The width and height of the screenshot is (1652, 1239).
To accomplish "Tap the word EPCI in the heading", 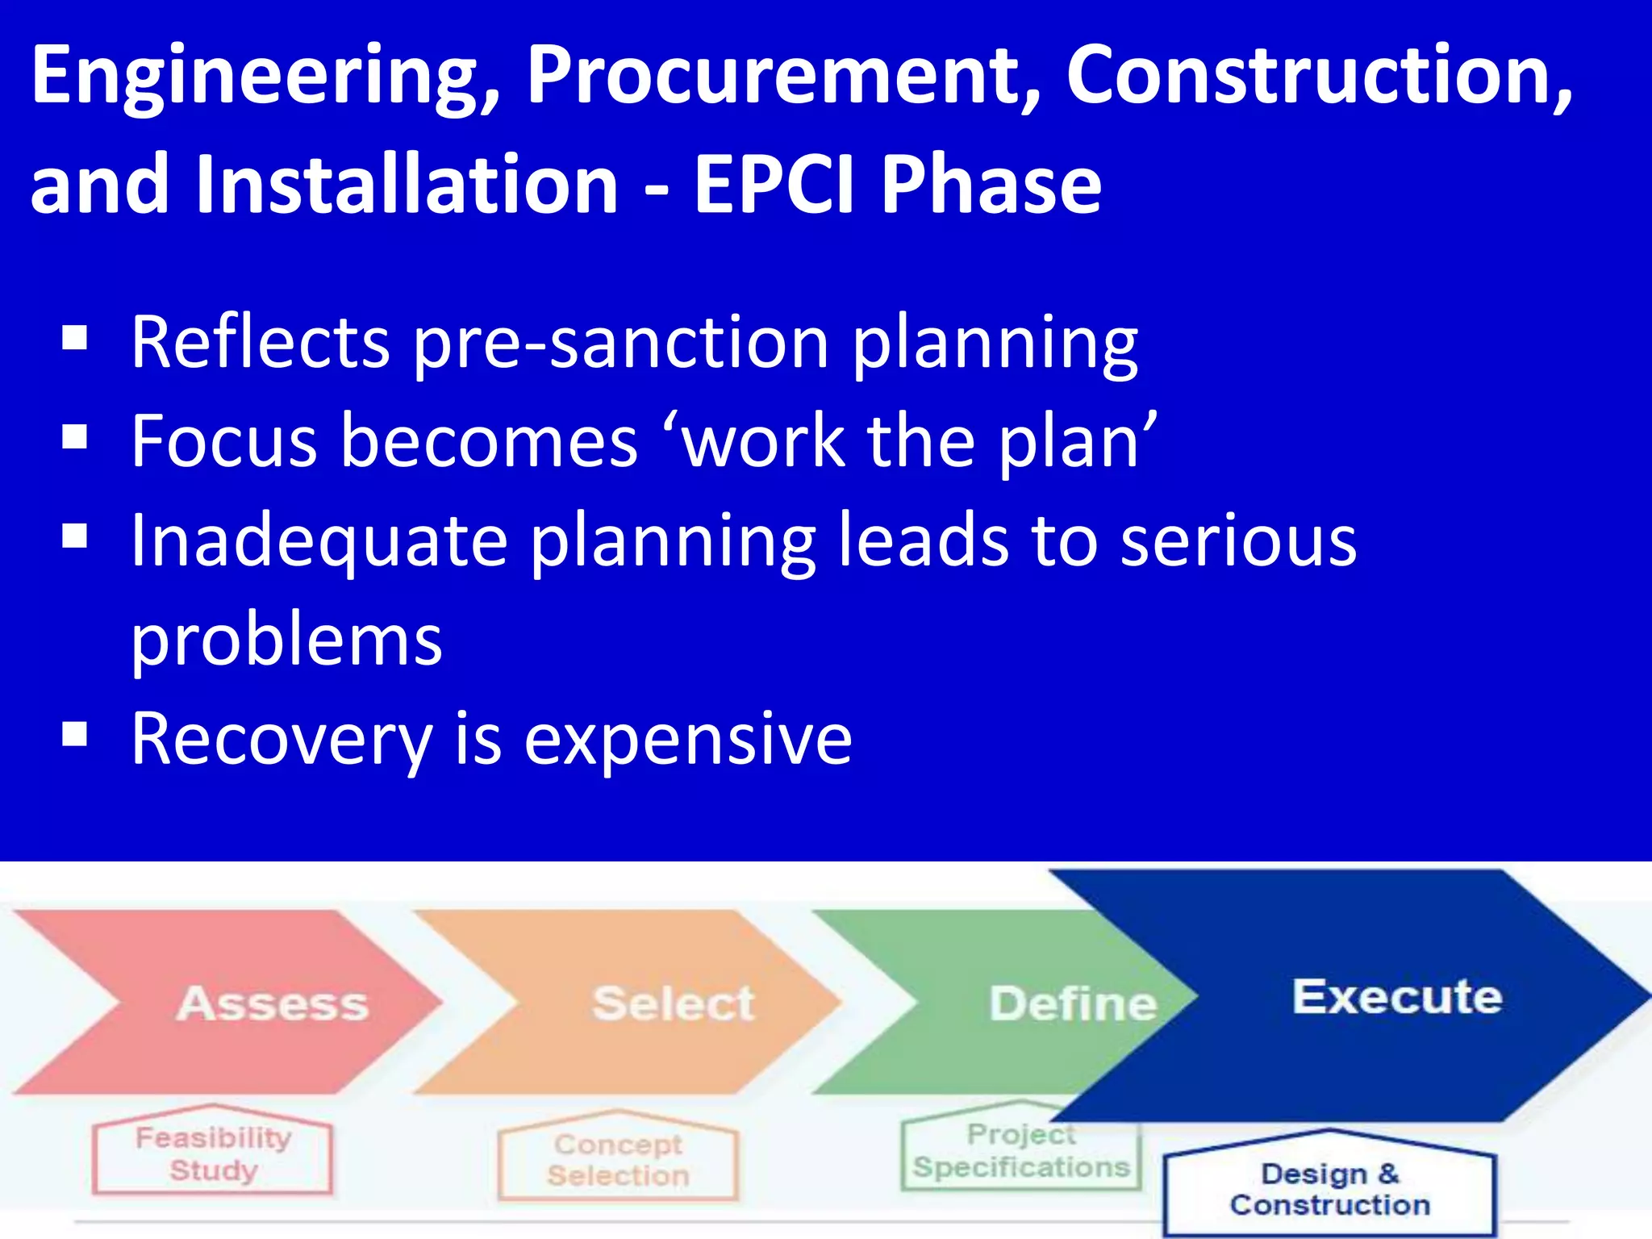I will [774, 185].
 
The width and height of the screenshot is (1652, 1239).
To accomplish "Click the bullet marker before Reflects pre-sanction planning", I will [74, 339].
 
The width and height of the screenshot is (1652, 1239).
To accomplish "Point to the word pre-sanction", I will [621, 343].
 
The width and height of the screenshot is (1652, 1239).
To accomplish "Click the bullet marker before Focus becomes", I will [74, 437].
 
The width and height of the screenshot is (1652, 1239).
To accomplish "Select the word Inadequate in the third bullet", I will [319, 541].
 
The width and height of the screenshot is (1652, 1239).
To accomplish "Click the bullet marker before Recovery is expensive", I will [74, 735].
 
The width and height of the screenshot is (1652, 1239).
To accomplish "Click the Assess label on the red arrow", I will [273, 1004].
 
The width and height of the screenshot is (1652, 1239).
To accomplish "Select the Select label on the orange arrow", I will [674, 1004].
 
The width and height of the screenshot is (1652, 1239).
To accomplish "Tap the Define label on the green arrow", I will [1073, 1004].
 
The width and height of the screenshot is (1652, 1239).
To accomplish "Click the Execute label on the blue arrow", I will [1397, 997].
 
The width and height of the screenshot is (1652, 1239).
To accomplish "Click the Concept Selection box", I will [618, 1160].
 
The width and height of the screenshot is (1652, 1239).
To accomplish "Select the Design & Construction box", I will [1329, 1189].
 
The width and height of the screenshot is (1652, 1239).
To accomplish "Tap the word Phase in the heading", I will [991, 185].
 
